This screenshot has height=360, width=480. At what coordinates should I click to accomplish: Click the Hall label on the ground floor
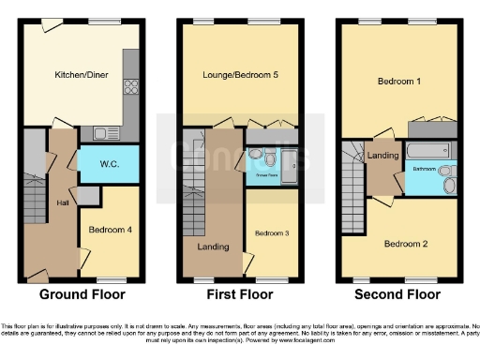coord(62,203)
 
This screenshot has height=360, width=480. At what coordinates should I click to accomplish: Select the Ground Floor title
coord(82,293)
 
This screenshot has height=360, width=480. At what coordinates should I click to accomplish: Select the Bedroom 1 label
coord(398,82)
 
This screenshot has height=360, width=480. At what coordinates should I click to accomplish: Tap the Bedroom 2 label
coord(405,243)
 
